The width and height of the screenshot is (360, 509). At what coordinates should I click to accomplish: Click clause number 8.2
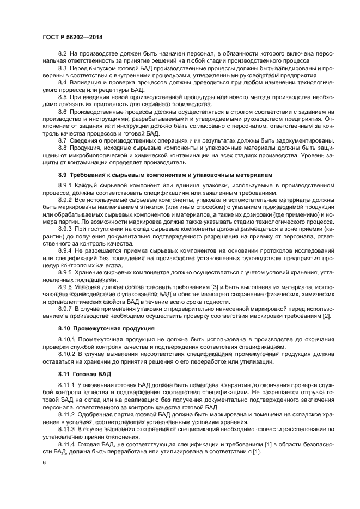(x=62, y=53)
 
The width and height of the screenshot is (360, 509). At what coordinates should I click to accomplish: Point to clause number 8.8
(x=62, y=148)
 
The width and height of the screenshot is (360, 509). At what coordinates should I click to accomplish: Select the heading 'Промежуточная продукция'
(x=113, y=328)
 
